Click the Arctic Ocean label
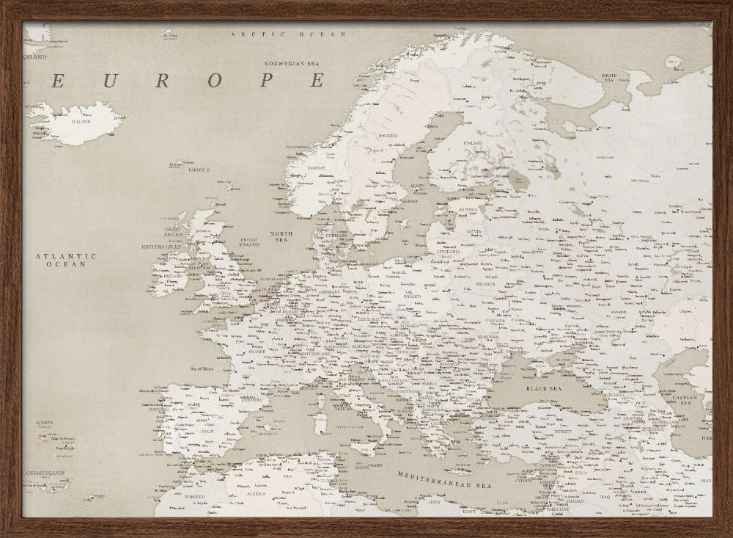coord(287,34)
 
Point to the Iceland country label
coord(77,121)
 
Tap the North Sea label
coord(282,237)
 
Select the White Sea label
coord(610,77)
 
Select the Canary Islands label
coord(47,473)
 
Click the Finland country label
coord(473,143)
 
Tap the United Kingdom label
coord(249,242)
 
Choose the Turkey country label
coord(564,432)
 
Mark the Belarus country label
coord(484,283)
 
